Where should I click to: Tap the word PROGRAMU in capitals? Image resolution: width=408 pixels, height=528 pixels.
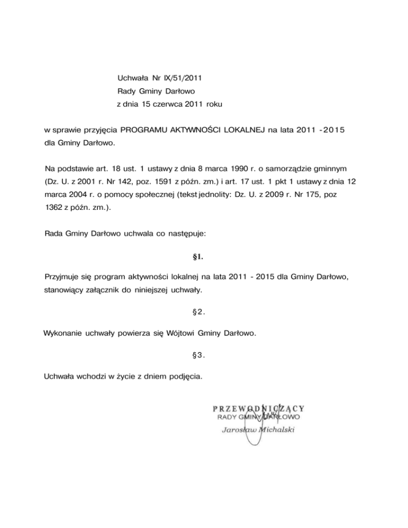[146, 130]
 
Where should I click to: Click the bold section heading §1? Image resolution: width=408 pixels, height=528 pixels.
[198, 258]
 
